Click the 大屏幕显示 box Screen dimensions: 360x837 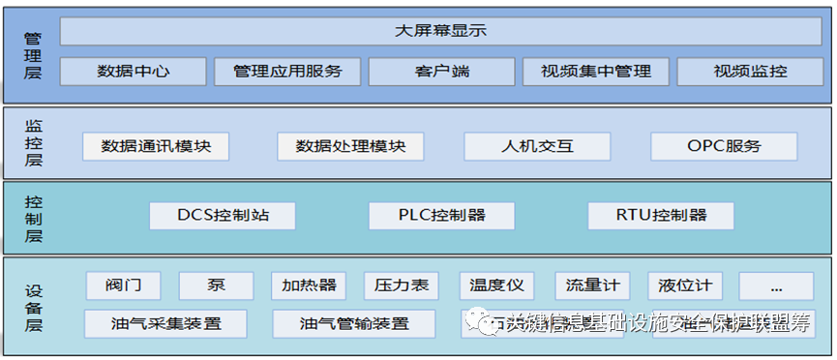pos(440,31)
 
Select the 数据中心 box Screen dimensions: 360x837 pos(134,71)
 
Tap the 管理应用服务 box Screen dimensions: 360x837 pos(286,71)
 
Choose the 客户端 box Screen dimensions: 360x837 pos(440,71)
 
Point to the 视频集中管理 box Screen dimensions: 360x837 pos(595,71)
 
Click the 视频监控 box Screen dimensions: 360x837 pos(750,71)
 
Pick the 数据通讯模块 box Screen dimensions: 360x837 pos(155,146)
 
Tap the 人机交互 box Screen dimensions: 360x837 pos(537,146)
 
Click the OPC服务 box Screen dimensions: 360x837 pos(724,146)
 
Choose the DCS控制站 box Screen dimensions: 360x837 pos(223,215)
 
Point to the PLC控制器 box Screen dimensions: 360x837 pos(441,215)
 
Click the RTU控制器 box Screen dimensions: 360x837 pos(661,215)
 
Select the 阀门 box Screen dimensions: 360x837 pos(123,285)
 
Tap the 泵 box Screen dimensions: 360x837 pos(217,285)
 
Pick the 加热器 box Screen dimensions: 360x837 pos(309,285)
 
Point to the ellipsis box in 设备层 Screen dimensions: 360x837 pos(777,285)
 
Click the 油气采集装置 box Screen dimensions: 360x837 pos(165,323)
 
